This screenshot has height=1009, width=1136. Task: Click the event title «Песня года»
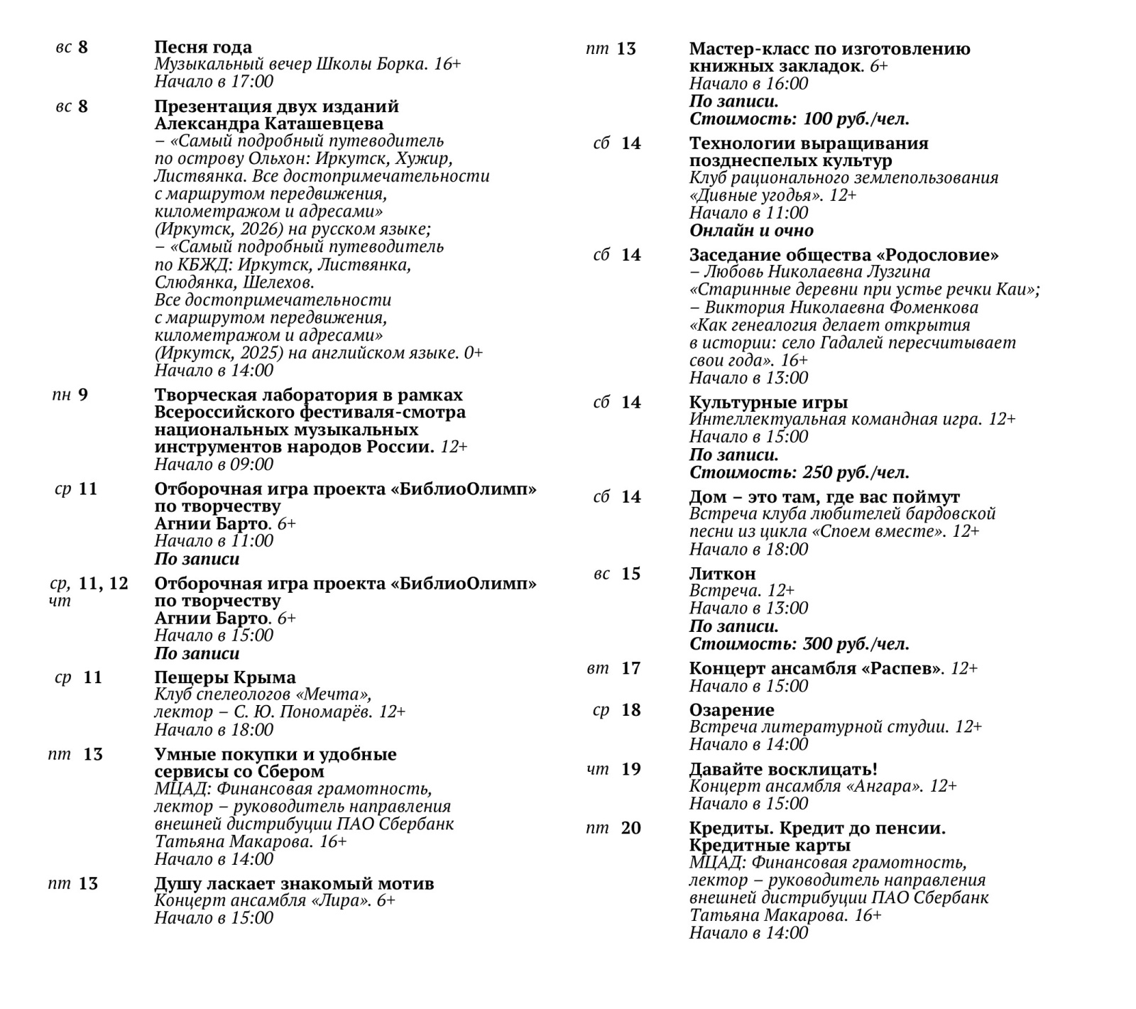(x=203, y=48)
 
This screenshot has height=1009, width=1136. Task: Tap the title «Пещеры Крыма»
(x=225, y=677)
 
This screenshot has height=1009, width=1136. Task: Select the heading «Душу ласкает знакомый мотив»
(x=294, y=884)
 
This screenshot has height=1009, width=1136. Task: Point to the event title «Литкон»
(x=722, y=574)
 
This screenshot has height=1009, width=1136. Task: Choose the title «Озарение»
(x=731, y=710)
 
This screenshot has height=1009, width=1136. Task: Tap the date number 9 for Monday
(x=83, y=395)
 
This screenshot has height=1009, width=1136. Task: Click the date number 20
(x=630, y=828)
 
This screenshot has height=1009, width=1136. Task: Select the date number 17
(x=630, y=668)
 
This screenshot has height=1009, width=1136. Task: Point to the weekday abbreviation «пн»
(x=61, y=396)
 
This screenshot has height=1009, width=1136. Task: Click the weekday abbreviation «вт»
(x=598, y=669)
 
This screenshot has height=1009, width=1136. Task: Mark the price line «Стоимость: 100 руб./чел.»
(x=799, y=119)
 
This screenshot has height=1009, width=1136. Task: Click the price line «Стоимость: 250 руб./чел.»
(x=799, y=473)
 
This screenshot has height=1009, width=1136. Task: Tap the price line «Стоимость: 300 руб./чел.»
(x=799, y=645)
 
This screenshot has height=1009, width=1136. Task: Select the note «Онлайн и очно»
(x=751, y=231)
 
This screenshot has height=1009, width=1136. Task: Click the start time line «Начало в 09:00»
(x=214, y=465)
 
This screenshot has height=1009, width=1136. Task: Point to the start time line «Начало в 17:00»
(x=214, y=82)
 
